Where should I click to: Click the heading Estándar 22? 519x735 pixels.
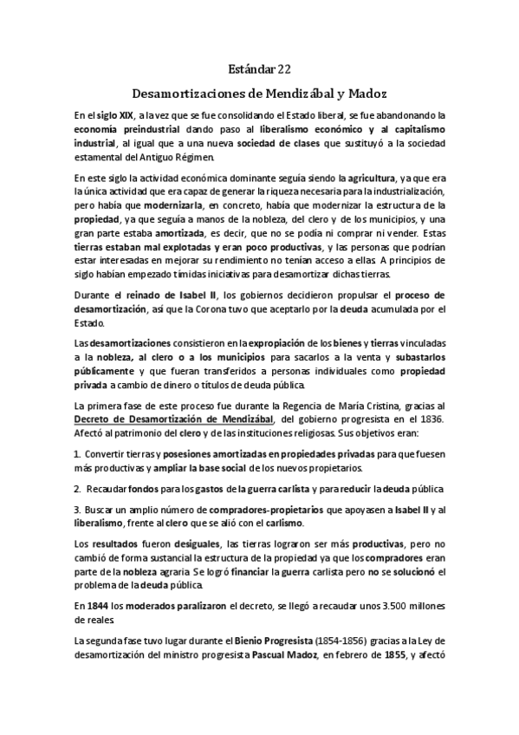coord(260,68)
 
